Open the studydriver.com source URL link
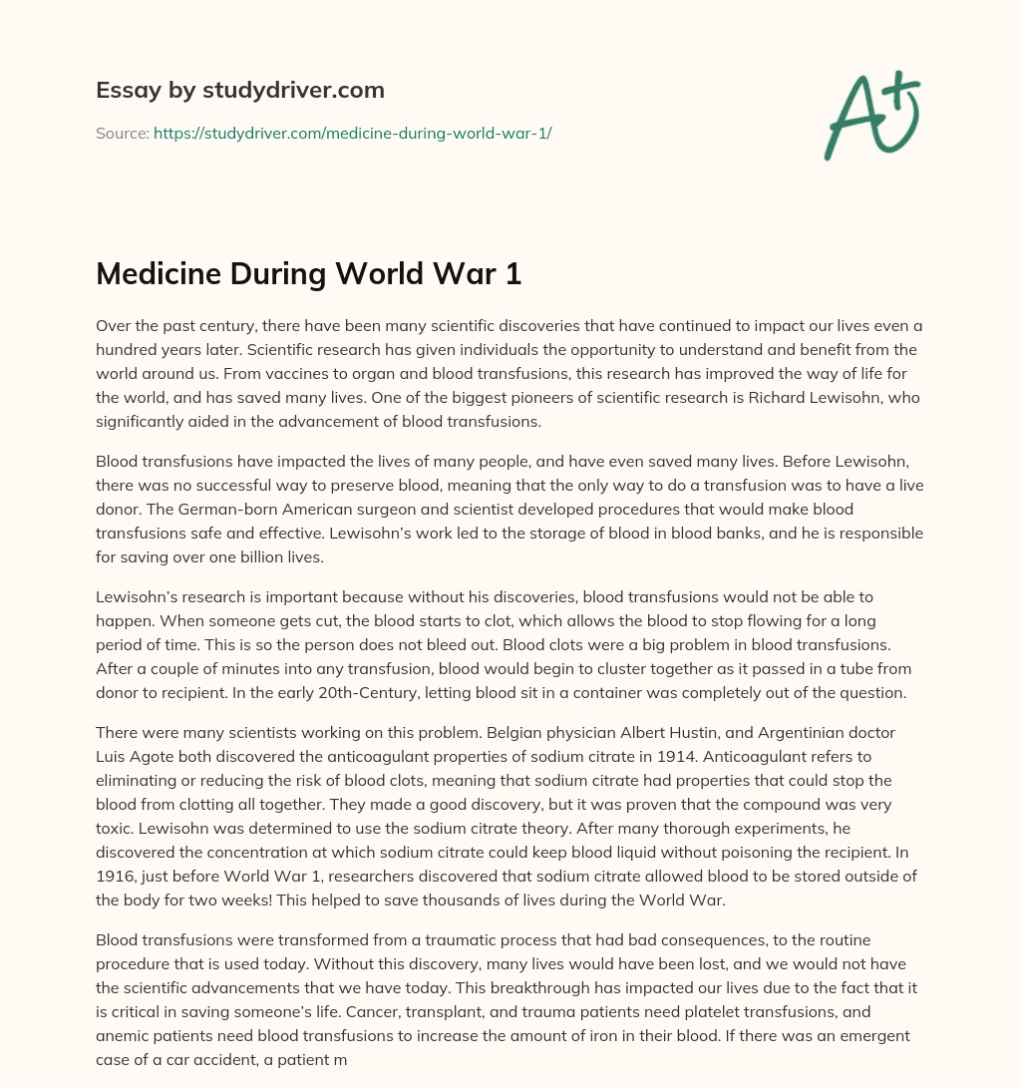click(352, 132)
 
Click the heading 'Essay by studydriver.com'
click(239, 91)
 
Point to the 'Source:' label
click(123, 132)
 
